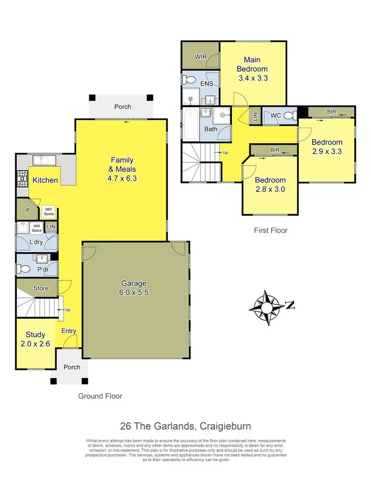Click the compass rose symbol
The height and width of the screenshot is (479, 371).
[x=267, y=308]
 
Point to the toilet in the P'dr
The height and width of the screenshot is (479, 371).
[x=24, y=269]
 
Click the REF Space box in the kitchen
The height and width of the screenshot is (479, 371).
[x=48, y=211]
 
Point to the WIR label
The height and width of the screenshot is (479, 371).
[x=200, y=57]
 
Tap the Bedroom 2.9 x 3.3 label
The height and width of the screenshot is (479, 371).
[x=326, y=147]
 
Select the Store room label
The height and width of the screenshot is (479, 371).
[x=41, y=287]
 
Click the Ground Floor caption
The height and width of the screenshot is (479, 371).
[x=100, y=396]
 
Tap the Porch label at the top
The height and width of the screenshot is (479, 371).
[x=123, y=106]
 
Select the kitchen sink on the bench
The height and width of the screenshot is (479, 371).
[x=44, y=160]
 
